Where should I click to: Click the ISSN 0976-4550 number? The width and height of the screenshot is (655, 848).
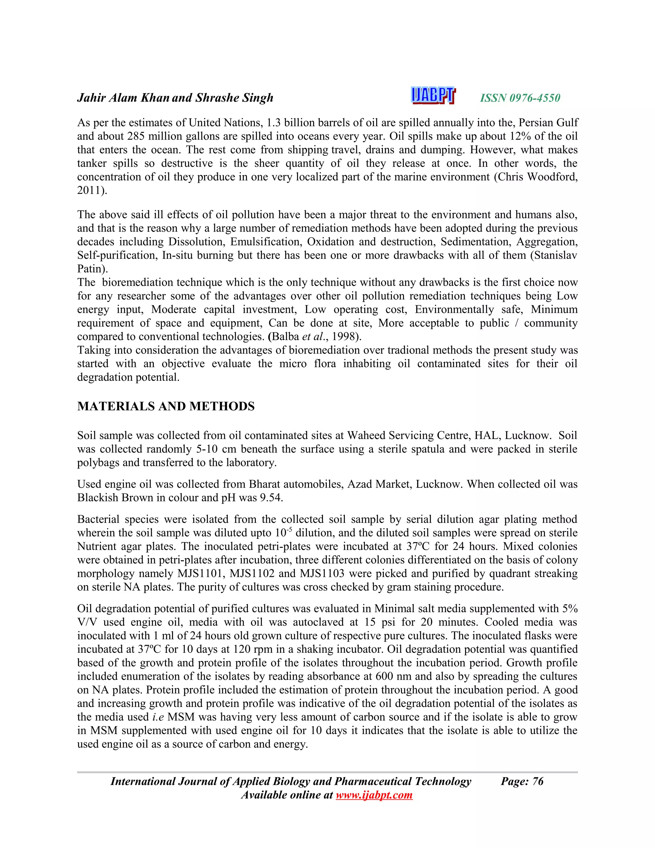520,98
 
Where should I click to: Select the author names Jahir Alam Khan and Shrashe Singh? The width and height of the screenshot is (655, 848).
175,98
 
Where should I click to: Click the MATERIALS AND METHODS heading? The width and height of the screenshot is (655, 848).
166,406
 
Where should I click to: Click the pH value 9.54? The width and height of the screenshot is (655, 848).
271,498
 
